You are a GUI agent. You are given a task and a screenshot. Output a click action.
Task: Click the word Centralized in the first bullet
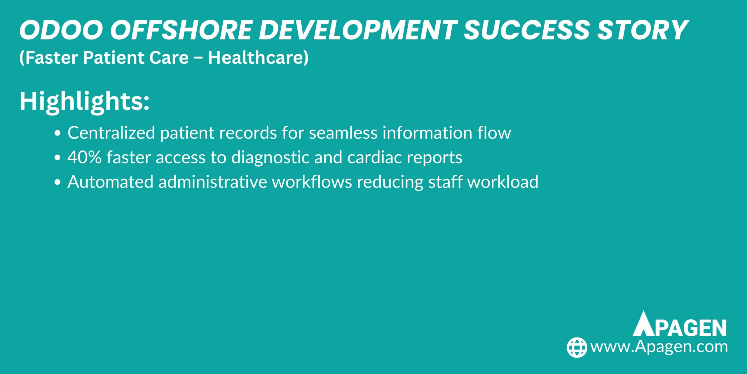pos(111,133)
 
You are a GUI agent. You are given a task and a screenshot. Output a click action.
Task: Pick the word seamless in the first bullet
pos(343,133)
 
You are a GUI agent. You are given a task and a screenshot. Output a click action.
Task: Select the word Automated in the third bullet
pos(110,182)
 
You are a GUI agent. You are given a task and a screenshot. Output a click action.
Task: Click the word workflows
pos(312,182)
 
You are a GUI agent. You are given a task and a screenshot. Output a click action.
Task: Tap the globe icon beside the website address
pos(577,347)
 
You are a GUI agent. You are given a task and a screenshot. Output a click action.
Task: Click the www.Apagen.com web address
pos(659,347)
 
